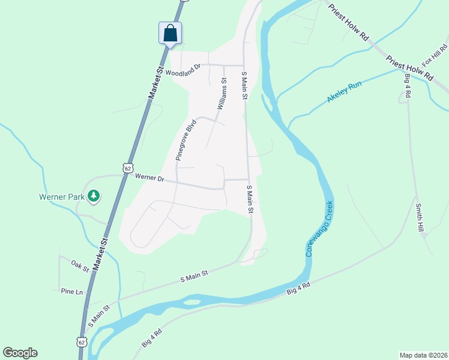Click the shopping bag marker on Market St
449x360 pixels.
tap(170, 33)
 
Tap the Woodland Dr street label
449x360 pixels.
tap(182, 73)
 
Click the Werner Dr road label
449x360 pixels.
tap(149, 178)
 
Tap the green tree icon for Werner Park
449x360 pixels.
tap(94, 195)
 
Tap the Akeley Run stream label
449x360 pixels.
tap(345, 91)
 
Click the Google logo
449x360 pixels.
tap(20, 352)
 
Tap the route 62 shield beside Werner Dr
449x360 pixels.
tap(127, 169)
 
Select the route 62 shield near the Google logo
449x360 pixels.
tap(81, 341)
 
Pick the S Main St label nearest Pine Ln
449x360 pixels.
tap(99, 316)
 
